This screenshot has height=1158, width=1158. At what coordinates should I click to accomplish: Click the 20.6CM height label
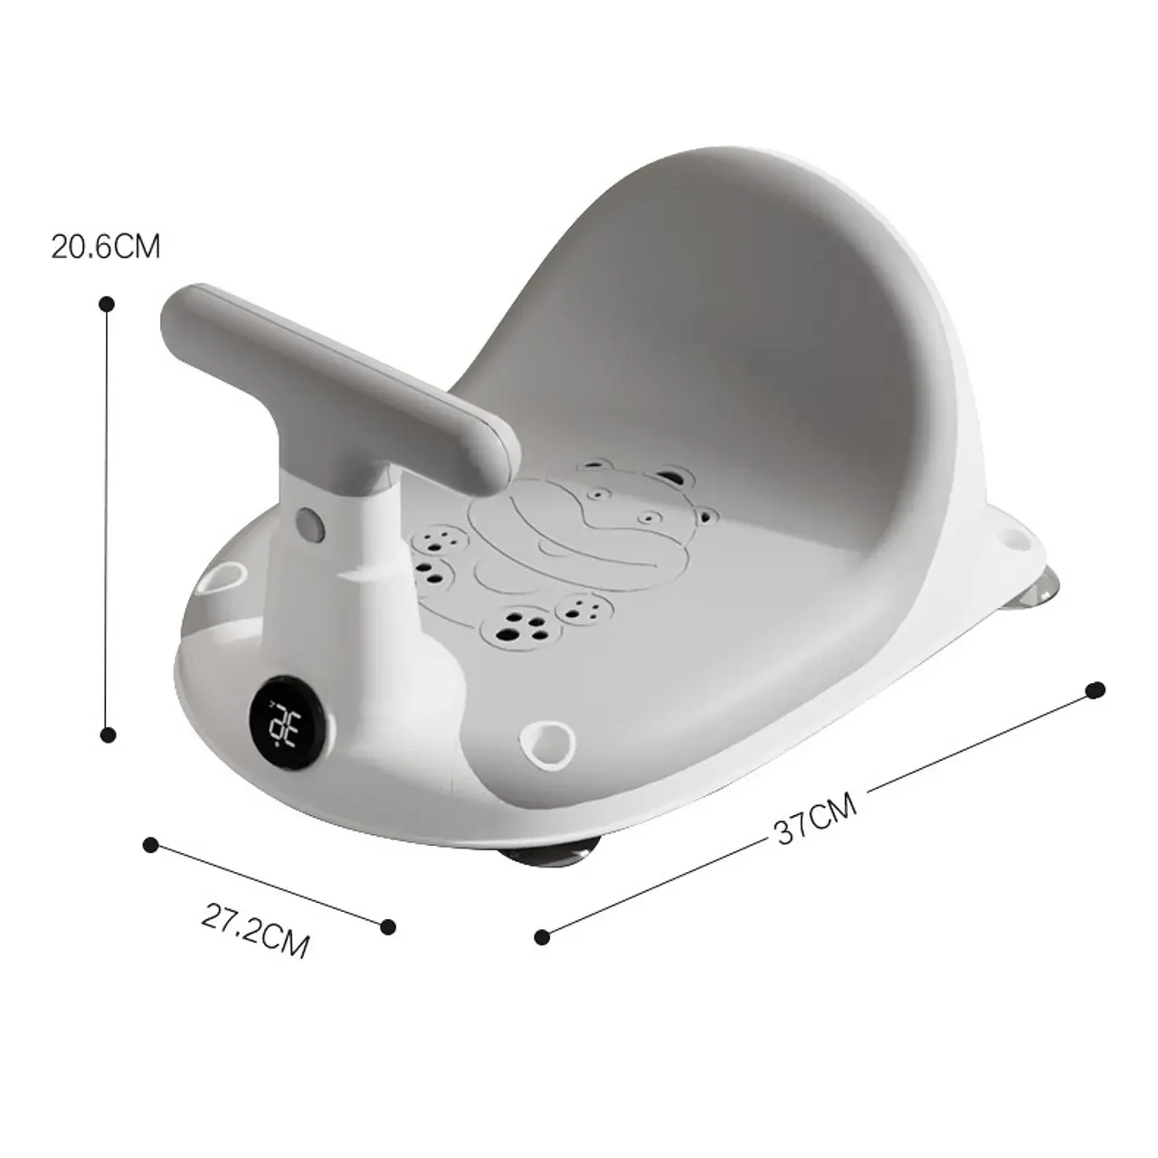pos(106,246)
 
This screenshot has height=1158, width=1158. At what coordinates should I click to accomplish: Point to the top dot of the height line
pos(107,304)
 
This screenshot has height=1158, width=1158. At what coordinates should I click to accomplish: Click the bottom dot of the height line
pos(109,735)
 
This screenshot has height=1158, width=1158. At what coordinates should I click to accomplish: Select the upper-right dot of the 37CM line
pos(1096,690)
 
